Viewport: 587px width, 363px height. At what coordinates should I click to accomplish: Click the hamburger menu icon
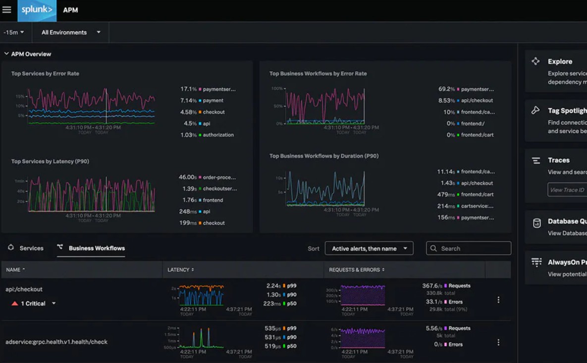click(7, 10)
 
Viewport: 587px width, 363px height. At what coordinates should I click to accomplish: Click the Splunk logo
click(37, 10)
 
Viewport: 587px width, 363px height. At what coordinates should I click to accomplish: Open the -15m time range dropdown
click(14, 33)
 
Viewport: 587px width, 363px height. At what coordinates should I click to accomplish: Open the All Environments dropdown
click(70, 33)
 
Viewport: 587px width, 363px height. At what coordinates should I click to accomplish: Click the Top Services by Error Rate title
click(45, 73)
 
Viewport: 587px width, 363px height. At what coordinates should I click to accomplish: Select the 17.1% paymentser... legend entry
click(208, 89)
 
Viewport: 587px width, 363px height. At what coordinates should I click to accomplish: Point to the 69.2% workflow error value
click(446, 89)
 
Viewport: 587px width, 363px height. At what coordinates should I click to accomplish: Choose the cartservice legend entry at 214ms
click(466, 206)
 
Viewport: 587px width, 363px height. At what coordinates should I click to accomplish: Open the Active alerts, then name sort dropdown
click(369, 248)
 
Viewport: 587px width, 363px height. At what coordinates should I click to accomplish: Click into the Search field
click(473, 248)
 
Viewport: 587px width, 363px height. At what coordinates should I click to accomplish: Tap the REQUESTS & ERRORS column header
click(356, 270)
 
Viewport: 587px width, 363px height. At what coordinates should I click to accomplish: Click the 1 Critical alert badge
click(33, 303)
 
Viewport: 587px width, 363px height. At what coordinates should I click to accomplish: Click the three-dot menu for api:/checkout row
click(498, 300)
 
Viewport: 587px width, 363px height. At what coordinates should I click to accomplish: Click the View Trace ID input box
click(568, 190)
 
